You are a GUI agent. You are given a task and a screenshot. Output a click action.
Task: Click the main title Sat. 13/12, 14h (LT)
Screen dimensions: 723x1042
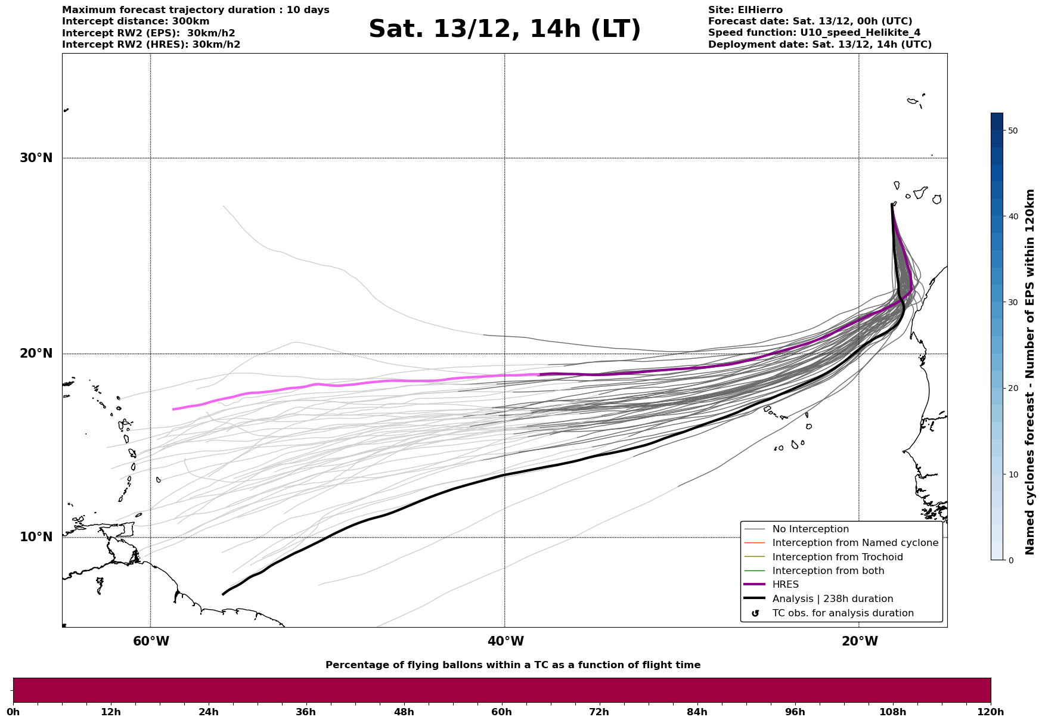[x=504, y=29]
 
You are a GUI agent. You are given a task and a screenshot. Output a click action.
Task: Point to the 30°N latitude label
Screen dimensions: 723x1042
[x=36, y=158]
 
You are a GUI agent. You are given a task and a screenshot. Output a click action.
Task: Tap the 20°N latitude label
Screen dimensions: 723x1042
[x=36, y=353]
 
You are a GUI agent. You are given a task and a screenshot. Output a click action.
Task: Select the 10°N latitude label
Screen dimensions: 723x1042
[x=36, y=537]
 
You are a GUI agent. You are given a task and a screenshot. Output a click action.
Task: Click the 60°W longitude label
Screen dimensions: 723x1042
[x=151, y=641]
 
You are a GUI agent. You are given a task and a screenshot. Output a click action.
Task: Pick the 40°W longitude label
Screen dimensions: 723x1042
[x=506, y=641]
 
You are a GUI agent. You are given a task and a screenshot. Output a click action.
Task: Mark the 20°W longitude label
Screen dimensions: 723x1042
[x=860, y=641]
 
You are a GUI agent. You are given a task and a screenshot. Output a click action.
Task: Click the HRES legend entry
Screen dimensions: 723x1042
[x=785, y=585]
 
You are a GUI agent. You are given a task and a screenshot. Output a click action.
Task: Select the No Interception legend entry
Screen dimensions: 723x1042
[x=810, y=529]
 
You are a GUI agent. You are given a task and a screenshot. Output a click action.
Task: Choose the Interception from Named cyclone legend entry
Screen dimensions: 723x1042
[x=855, y=543]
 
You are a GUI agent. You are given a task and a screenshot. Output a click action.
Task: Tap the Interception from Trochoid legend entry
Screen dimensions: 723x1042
[x=837, y=557]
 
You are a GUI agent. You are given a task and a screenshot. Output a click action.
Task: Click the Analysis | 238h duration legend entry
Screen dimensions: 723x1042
[x=832, y=599]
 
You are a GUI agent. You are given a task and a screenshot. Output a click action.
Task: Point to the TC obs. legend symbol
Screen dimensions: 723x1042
[x=755, y=613]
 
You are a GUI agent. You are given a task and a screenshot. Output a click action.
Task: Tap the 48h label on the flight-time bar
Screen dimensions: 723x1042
[x=404, y=712]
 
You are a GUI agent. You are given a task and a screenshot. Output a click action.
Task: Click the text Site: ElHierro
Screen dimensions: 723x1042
[x=745, y=10]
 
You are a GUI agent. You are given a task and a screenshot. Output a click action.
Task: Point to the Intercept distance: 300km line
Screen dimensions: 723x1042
[x=136, y=21]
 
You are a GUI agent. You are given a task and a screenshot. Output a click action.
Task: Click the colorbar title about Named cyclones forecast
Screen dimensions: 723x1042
[x=1030, y=372]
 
